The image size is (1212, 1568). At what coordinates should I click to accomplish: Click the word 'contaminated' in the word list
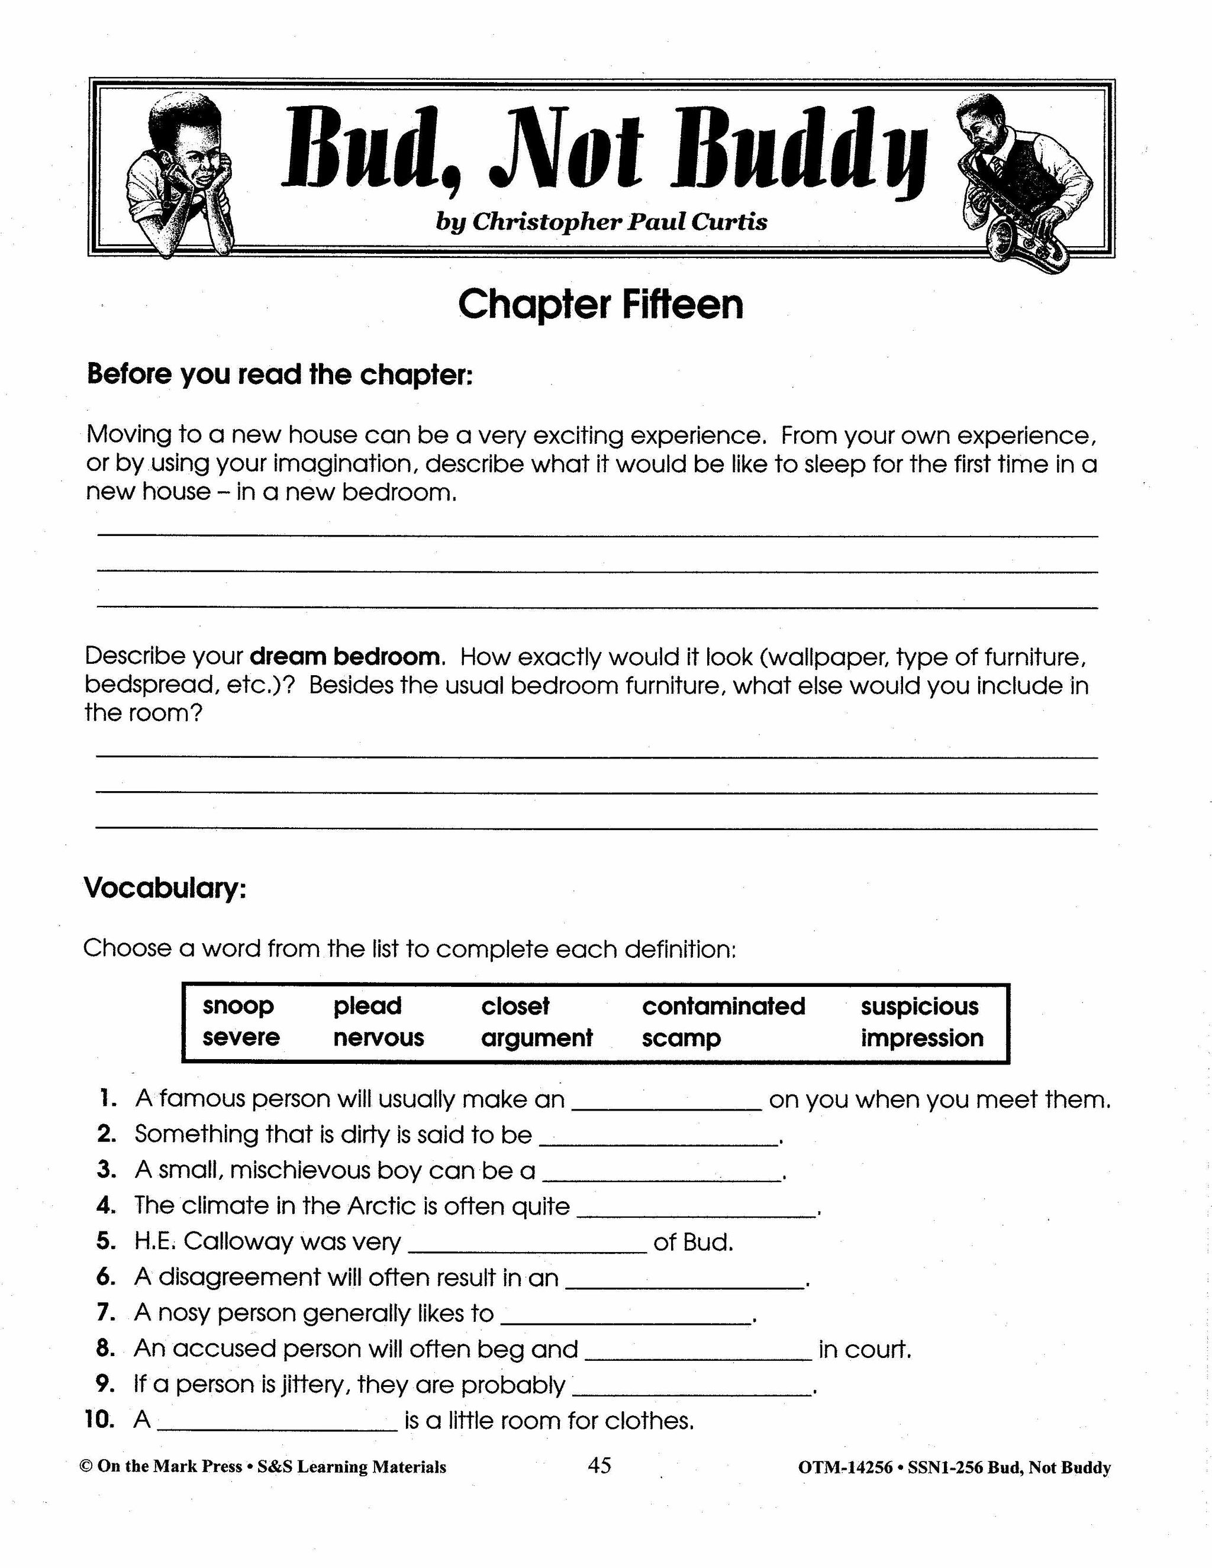click(723, 1006)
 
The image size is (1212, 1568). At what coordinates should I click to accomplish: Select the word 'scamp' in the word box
click(681, 1038)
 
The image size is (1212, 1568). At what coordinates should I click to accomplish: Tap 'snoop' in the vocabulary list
click(238, 1006)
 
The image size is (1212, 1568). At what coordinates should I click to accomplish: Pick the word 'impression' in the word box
click(922, 1038)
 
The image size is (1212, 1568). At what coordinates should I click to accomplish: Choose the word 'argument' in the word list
click(536, 1038)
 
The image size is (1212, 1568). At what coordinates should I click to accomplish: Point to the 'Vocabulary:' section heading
click(165, 888)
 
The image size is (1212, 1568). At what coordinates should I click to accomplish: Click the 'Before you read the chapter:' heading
click(279, 375)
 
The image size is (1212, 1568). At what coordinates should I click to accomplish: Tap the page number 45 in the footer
click(599, 1464)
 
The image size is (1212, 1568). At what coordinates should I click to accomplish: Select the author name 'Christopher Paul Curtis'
click(620, 222)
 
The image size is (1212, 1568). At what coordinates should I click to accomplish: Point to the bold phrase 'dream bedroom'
click(344, 656)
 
